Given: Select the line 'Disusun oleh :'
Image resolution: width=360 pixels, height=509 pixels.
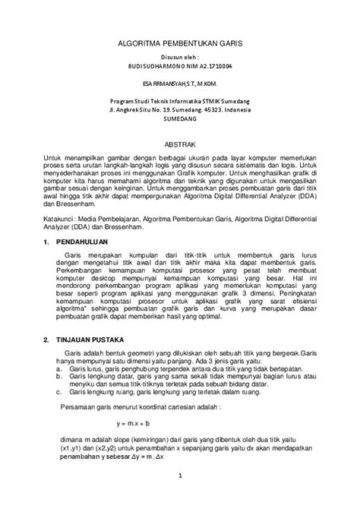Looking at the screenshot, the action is [x=180, y=57].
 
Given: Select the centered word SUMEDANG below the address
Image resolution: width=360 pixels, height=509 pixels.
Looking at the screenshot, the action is [x=180, y=119].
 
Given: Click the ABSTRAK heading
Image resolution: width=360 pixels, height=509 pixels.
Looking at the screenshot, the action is [x=180, y=143].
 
